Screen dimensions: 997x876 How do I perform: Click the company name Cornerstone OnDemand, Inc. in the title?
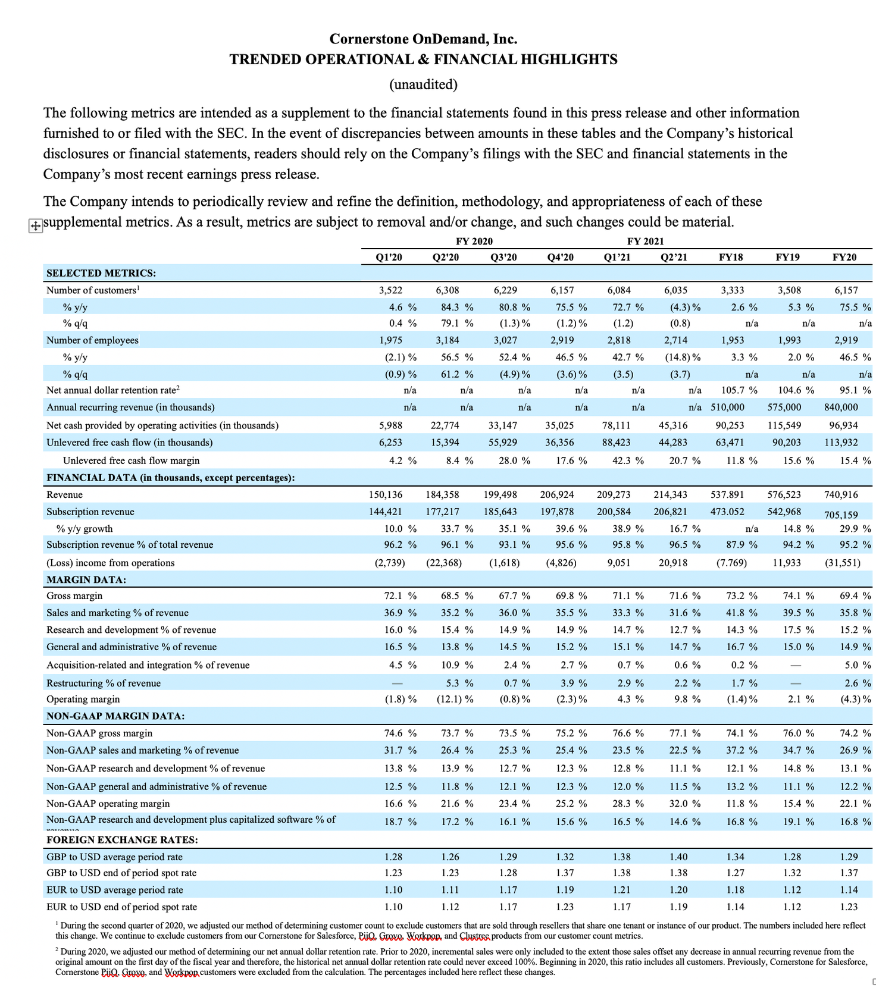pos(423,39)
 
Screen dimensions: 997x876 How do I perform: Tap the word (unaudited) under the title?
pos(423,84)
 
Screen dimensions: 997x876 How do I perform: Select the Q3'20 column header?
pos(503,257)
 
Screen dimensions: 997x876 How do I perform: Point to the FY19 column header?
pos(787,257)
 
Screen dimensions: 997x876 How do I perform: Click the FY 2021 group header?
pos(645,241)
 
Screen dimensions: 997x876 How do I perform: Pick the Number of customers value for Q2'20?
pos(447,290)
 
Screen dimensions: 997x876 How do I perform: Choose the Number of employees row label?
pos(92,340)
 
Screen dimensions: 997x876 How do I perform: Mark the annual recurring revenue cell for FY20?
pos(841,407)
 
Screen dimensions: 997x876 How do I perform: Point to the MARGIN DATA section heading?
pos(86,579)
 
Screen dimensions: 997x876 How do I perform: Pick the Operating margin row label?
pos(83,699)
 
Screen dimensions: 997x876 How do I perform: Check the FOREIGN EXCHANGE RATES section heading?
pos(122,839)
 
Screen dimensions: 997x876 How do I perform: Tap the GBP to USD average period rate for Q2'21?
pos(678,857)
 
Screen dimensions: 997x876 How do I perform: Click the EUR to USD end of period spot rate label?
pos(121,907)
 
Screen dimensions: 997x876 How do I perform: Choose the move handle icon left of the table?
pos(36,225)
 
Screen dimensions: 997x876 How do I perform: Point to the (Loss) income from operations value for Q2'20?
pos(444,563)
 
